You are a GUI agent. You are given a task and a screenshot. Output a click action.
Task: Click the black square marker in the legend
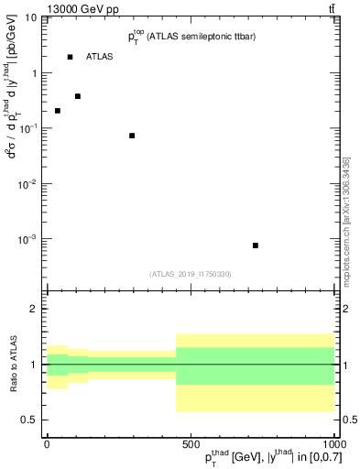point(70,57)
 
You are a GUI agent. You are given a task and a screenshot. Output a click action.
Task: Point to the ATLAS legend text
point(100,57)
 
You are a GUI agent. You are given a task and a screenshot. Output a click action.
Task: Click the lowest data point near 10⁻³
point(256,245)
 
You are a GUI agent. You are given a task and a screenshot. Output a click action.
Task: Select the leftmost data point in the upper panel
point(58,111)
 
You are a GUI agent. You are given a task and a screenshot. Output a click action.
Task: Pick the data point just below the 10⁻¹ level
point(132,136)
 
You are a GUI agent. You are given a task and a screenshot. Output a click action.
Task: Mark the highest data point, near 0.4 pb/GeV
point(78,96)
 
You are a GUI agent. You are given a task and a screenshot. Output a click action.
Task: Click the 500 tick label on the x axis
point(191,442)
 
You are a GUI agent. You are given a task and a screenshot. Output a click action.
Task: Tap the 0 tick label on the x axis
point(47,442)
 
